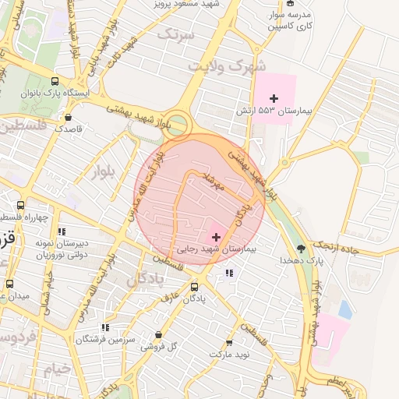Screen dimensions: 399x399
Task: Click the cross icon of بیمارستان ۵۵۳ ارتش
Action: (x=273, y=98)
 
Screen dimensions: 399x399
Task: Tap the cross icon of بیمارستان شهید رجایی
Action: (x=216, y=236)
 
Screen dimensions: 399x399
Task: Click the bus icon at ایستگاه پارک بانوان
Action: (x=55, y=80)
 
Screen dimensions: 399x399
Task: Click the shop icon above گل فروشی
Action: (x=159, y=335)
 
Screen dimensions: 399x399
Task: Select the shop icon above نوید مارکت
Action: (x=229, y=343)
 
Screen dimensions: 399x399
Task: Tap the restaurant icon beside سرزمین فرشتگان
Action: (x=104, y=328)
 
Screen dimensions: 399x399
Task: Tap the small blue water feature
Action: (x=344, y=309)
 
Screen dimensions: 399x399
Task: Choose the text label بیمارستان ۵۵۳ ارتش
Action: (x=274, y=112)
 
